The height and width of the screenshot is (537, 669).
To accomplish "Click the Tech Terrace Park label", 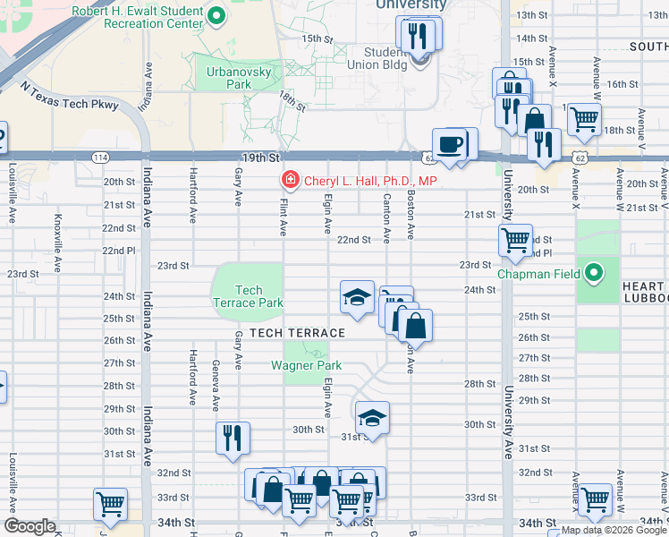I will coord(260,296).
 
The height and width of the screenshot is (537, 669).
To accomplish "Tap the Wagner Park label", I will coord(306,365).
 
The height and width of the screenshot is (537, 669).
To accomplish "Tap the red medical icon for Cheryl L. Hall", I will coord(290,181).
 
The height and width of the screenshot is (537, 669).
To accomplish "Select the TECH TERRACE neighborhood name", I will coord(297,333).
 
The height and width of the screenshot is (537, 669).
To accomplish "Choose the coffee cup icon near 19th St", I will coord(450,143).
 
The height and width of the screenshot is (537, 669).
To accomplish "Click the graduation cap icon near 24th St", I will coord(356,297).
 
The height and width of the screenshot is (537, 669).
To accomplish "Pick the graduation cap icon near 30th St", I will coord(372,417).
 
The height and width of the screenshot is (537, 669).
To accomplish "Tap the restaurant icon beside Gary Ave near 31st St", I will coord(232,438).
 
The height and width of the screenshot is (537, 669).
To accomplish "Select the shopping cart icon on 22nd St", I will coord(515,239).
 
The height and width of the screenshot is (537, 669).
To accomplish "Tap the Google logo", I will coord(30,526).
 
